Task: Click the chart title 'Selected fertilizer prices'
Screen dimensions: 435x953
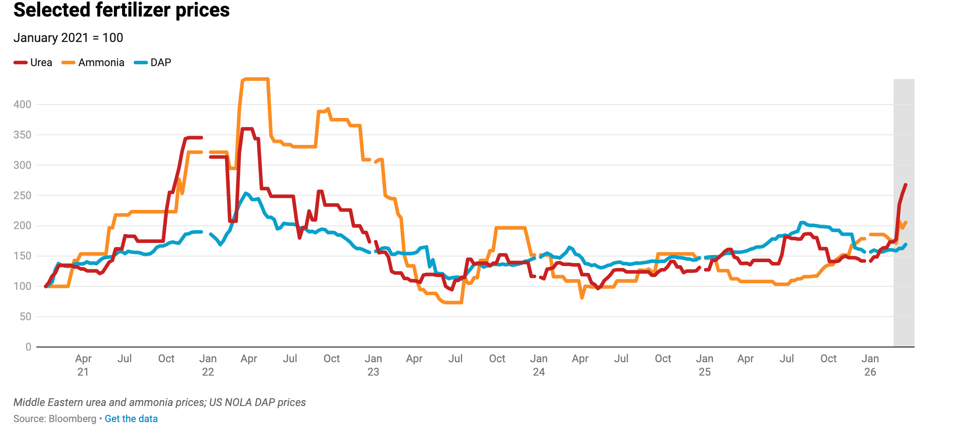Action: (122, 10)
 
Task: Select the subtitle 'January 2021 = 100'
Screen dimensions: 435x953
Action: (68, 38)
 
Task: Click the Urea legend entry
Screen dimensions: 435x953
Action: (34, 63)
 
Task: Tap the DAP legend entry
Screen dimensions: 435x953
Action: (153, 63)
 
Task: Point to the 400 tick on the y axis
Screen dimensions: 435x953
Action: (22, 105)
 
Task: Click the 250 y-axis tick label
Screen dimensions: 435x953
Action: (22, 196)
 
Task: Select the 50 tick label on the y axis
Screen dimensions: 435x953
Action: (25, 317)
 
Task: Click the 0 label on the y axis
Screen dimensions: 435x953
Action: (28, 347)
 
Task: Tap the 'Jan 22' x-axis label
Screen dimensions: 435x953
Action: (208, 365)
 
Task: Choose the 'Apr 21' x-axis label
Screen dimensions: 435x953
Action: (83, 365)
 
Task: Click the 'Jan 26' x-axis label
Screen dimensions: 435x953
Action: (870, 365)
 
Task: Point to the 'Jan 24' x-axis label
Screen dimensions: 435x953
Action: (539, 365)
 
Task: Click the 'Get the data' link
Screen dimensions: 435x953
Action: (131, 419)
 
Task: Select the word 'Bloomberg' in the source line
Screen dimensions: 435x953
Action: (72, 419)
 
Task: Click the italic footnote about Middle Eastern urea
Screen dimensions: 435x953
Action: (160, 402)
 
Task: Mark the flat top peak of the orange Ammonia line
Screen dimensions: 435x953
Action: (255, 79)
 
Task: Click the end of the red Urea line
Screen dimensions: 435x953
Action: (906, 184)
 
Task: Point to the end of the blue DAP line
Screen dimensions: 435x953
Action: (906, 244)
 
